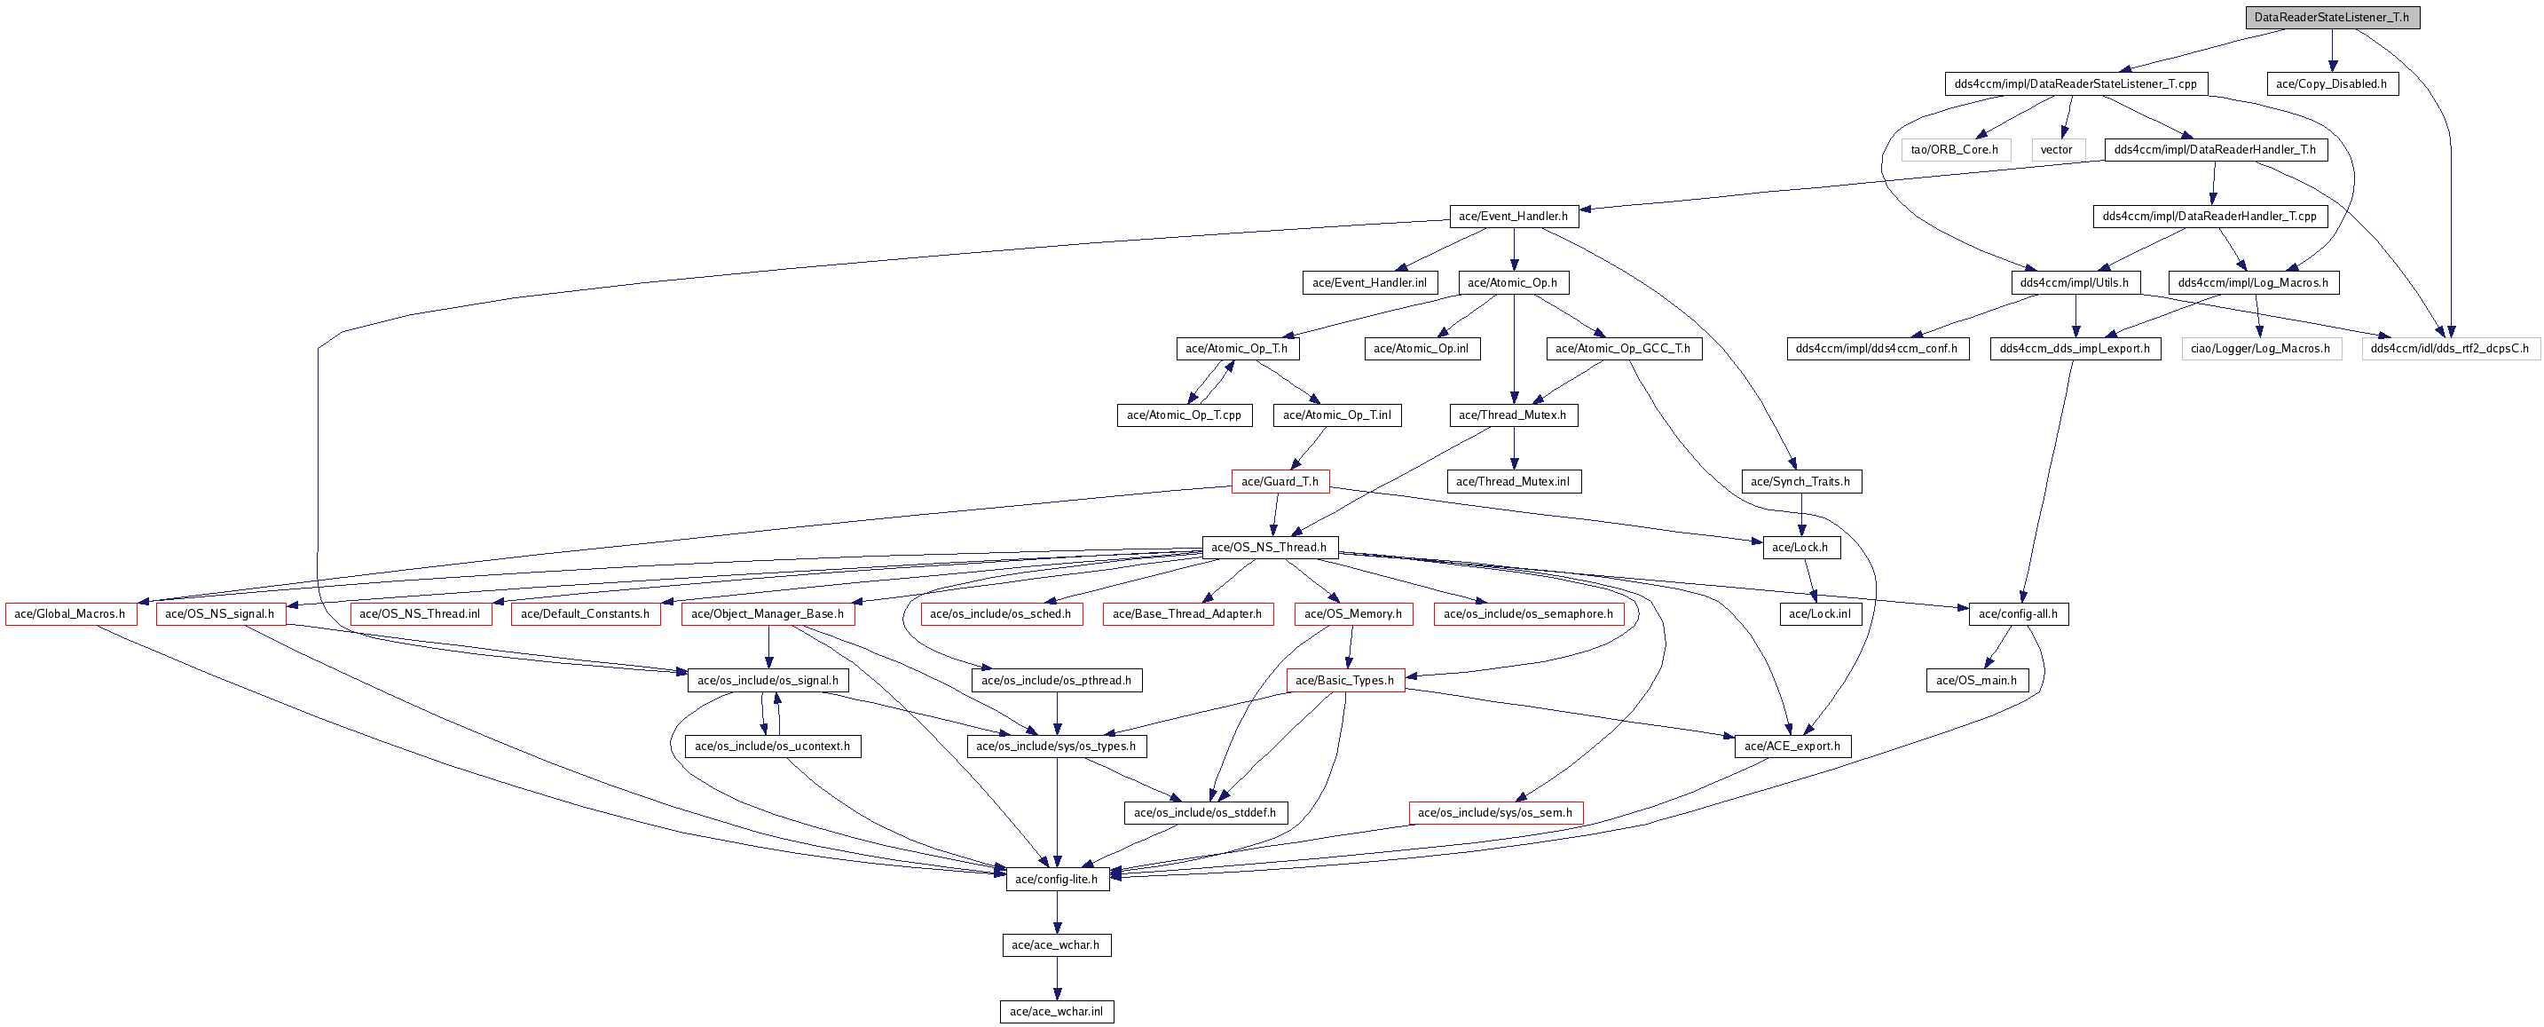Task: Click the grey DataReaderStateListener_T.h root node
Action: click(2332, 17)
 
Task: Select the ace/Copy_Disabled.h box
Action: click(2332, 84)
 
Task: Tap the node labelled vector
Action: click(2057, 150)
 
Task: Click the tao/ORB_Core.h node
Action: click(1956, 150)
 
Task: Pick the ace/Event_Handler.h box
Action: click(1513, 217)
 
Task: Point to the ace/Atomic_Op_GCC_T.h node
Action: click(1624, 349)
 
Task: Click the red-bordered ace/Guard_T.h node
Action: click(1280, 482)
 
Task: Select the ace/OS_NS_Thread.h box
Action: click(1270, 547)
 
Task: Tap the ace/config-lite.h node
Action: click(1057, 879)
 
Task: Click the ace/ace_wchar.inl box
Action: click(1057, 1011)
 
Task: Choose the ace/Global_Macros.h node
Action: click(70, 614)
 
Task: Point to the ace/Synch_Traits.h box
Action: click(1801, 482)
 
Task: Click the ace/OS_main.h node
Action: click(1977, 681)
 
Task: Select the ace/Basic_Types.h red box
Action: click(1345, 681)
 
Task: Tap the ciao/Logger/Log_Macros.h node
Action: click(2261, 349)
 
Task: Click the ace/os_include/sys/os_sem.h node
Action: click(1495, 813)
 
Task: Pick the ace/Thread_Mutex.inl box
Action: click(1513, 482)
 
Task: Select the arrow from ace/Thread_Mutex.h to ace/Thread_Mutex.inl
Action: click(1514, 448)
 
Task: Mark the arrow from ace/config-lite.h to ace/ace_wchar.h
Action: click(1057, 912)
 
